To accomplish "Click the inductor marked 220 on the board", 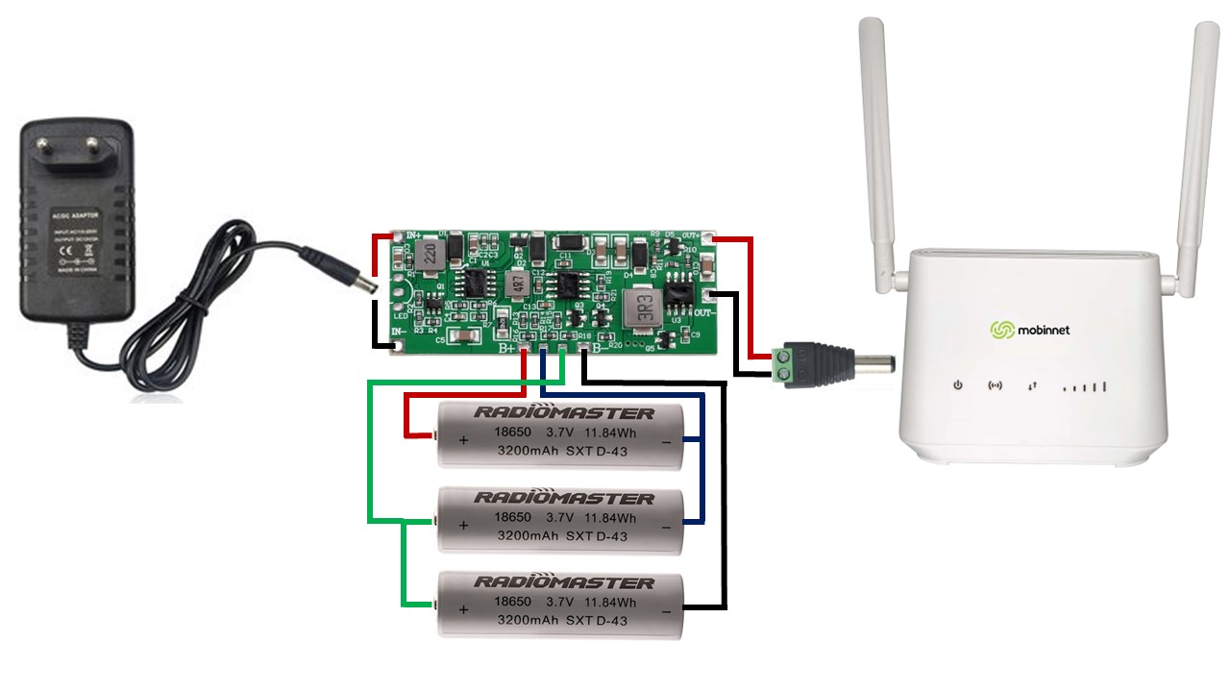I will pos(430,256).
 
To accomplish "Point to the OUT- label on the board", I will pos(706,313).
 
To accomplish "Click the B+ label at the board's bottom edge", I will pos(507,348).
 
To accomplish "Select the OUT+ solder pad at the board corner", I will pos(709,236).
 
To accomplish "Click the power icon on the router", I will pos(957,386).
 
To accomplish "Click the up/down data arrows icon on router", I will pos(1032,386).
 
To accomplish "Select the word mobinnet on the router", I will pos(1045,331).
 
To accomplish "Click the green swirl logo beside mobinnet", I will pos(1002,331).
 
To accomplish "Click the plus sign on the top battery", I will pos(463,440).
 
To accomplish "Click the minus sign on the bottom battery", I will pos(666,610).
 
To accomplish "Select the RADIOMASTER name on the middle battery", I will pos(564,498).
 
